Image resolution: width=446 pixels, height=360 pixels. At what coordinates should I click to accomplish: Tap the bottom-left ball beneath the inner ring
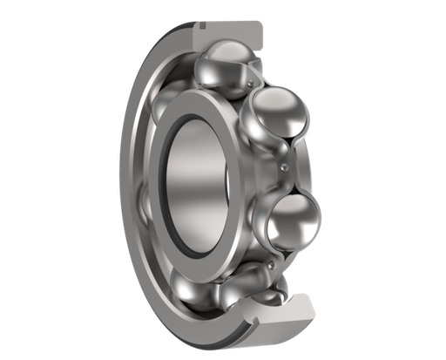tap(193, 281)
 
